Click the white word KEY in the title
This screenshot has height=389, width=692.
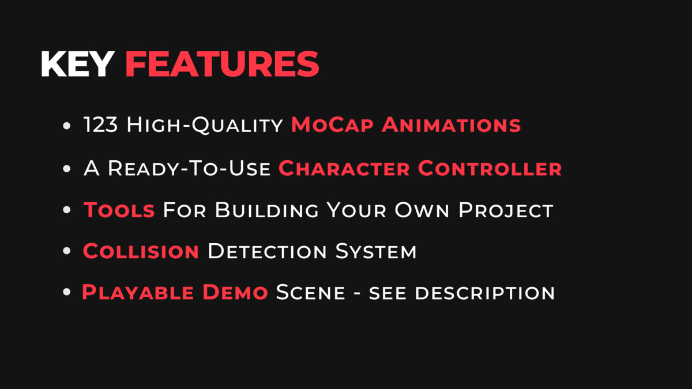(77, 64)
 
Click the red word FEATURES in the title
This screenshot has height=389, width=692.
(222, 64)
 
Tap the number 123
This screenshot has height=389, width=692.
(101, 124)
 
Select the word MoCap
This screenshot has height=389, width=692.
(332, 126)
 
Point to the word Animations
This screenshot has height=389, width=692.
(452, 124)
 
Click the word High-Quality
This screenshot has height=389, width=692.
(205, 126)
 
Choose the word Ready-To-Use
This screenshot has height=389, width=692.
(189, 168)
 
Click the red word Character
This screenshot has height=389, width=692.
(344, 168)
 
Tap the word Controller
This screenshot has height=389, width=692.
(490, 168)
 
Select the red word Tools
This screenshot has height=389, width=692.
(119, 210)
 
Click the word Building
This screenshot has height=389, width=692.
(266, 210)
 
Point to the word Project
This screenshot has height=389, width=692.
(506, 210)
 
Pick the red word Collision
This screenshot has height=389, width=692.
(141, 251)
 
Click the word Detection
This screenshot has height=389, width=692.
(267, 251)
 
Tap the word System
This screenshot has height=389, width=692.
(376, 251)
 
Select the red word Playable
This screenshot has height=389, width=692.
(138, 292)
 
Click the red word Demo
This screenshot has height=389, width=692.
(235, 292)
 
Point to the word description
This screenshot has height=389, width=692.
(485, 293)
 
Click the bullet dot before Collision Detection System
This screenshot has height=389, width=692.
(67, 251)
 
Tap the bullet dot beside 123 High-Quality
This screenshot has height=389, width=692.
(67, 126)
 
